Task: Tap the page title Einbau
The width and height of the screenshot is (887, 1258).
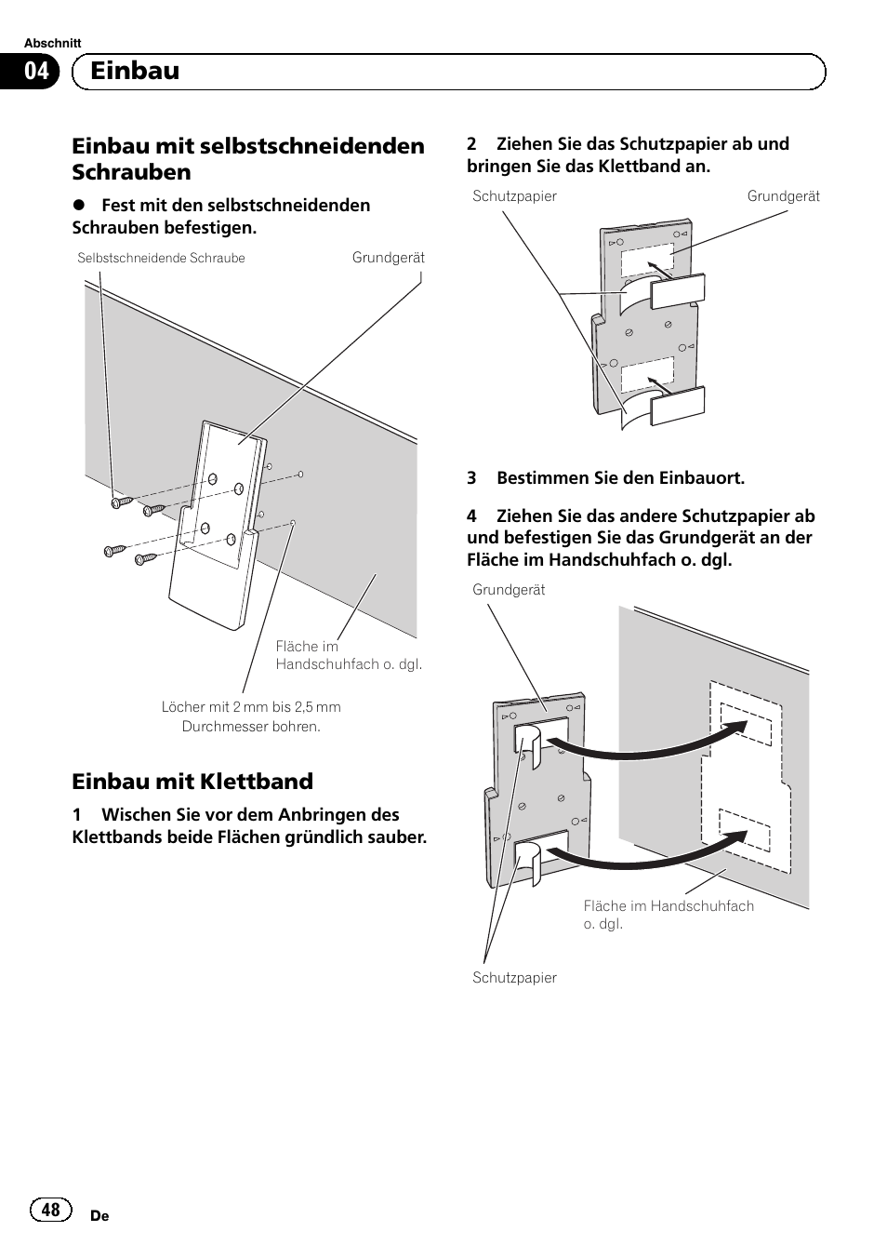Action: (x=135, y=71)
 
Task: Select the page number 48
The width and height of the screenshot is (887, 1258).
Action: (x=51, y=1209)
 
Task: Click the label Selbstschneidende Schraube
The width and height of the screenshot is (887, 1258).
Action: (x=161, y=258)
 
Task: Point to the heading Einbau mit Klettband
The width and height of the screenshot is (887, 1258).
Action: (x=192, y=782)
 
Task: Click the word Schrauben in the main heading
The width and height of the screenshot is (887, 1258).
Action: (x=131, y=172)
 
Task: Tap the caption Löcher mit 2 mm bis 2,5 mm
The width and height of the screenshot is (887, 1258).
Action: (x=251, y=706)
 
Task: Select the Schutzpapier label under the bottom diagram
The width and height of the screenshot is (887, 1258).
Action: (x=514, y=978)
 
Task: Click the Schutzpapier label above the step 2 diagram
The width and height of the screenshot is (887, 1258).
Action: (x=514, y=196)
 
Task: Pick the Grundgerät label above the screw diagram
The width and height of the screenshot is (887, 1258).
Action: (x=389, y=258)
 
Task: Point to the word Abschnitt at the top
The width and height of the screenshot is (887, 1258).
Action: (x=53, y=43)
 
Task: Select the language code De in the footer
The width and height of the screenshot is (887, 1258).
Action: (x=99, y=1216)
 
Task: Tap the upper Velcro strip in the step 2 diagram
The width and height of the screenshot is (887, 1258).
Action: (x=677, y=291)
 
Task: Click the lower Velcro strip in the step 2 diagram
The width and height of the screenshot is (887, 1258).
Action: (x=677, y=406)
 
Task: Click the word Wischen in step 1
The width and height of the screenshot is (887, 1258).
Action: (x=137, y=815)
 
